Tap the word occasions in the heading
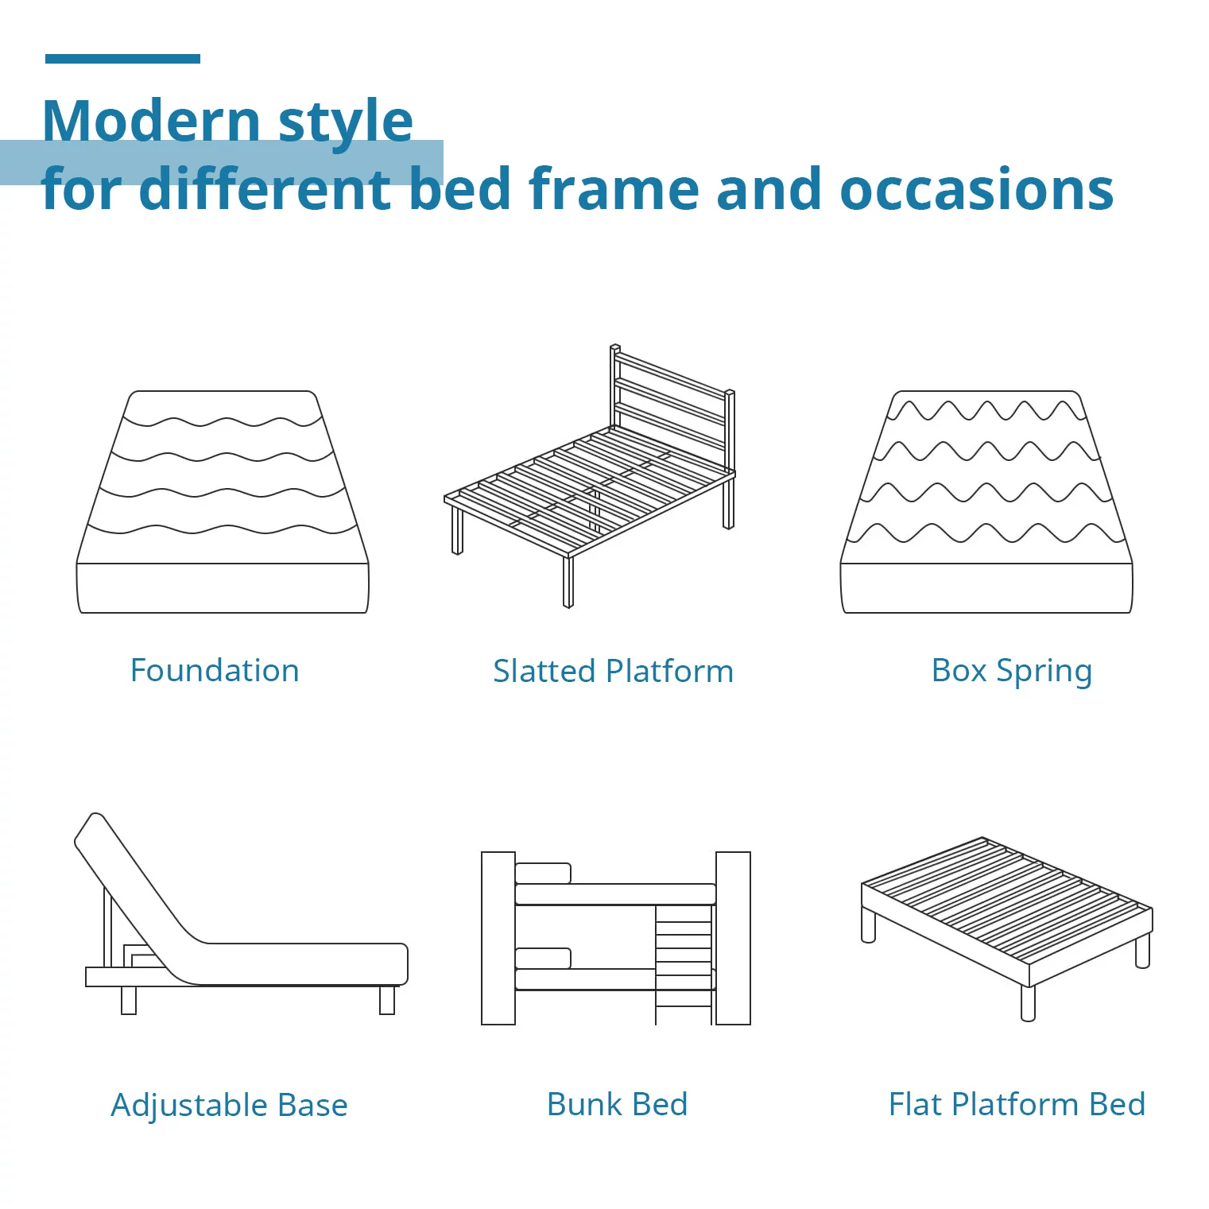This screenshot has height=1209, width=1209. pyautogui.click(x=976, y=189)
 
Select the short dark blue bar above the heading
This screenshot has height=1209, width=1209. pyautogui.click(x=122, y=59)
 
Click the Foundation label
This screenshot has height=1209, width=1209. pyautogui.click(x=215, y=670)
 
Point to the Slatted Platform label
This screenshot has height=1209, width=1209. pyautogui.click(x=613, y=671)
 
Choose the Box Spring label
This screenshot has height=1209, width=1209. pyautogui.click(x=1011, y=671)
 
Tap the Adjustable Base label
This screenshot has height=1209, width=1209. pyautogui.click(x=229, y=1105)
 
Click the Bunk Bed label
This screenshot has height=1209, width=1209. pyautogui.click(x=617, y=1104)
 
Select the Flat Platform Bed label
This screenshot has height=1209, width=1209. pyautogui.click(x=1017, y=1104)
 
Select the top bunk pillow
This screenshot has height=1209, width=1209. pyautogui.click(x=543, y=874)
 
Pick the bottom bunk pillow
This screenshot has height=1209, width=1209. pyautogui.click(x=543, y=958)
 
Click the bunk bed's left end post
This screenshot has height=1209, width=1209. pyautogui.click(x=498, y=938)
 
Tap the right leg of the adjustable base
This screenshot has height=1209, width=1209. pyautogui.click(x=387, y=1000)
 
